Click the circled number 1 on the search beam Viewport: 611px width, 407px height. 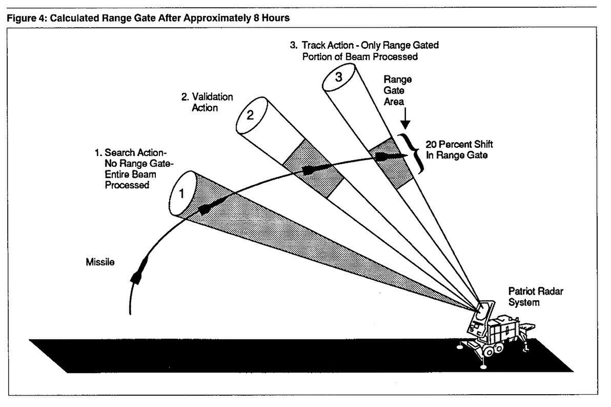pos(180,194)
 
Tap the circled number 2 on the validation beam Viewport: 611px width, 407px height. pos(250,115)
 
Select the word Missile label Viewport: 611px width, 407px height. pos(99,262)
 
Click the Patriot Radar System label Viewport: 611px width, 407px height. pos(528,297)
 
